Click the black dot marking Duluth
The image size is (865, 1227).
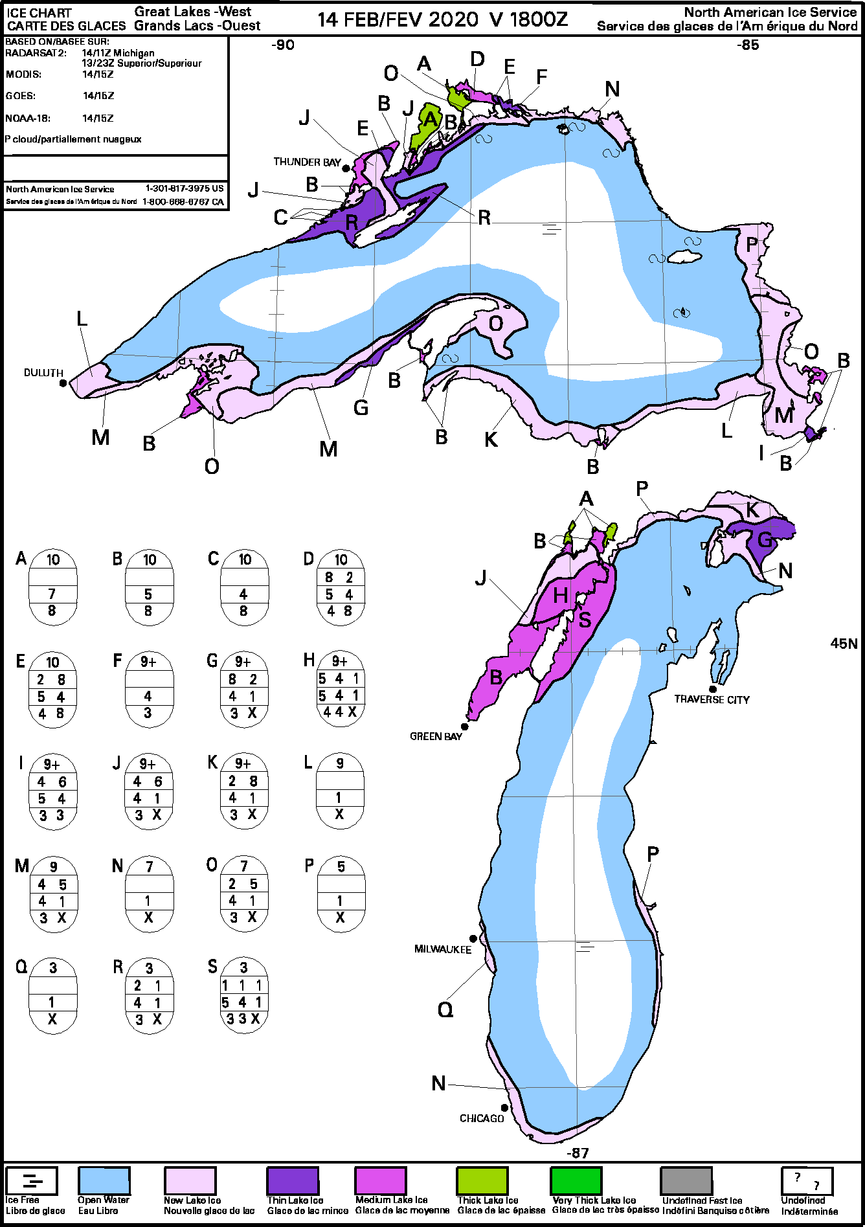[63, 383]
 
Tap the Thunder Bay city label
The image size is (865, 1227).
[307, 162]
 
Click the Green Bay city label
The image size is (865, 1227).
[436, 736]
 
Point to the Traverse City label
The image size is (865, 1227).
[712, 699]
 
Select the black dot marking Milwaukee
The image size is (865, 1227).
[473, 938]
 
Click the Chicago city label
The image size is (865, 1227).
[482, 1118]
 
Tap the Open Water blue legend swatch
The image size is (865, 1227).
[104, 1180]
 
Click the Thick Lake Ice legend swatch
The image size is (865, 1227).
[482, 1180]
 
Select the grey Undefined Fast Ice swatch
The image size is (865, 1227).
[686, 1180]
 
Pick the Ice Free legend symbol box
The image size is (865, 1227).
[32, 1180]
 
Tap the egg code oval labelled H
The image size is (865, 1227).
[340, 688]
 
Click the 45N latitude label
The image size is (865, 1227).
[844, 644]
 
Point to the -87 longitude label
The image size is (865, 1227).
[578, 1153]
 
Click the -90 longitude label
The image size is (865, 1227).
[283, 45]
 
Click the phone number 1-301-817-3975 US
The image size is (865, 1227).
[185, 188]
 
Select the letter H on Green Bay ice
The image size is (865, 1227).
[561, 595]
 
